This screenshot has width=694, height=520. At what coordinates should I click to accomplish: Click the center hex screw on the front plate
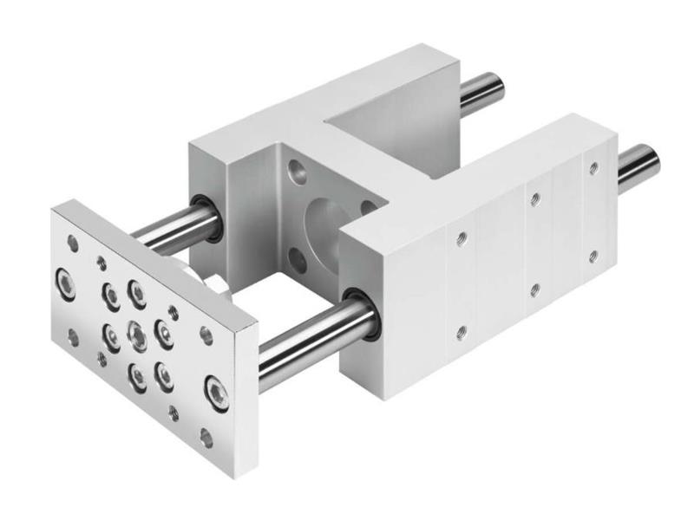(x=136, y=333)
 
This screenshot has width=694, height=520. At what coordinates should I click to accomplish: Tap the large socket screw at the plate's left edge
(x=66, y=283)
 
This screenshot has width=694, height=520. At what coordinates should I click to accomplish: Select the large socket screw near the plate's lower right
(x=213, y=391)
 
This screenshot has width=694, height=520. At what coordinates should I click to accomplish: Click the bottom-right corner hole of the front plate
(x=206, y=438)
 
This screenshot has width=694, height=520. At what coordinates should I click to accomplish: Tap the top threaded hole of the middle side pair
(x=535, y=199)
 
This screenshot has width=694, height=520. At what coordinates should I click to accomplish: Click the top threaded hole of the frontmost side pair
(x=462, y=236)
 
